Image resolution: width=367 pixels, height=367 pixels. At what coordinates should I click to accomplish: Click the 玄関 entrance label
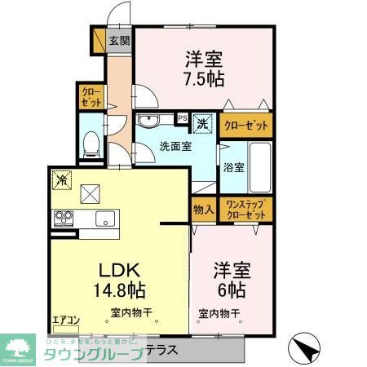click(x=119, y=40)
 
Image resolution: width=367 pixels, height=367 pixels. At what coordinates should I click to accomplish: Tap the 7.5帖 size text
click(x=204, y=79)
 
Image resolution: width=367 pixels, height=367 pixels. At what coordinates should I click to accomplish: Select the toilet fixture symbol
click(x=92, y=144)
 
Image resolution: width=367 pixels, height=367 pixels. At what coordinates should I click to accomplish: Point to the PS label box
click(x=183, y=117)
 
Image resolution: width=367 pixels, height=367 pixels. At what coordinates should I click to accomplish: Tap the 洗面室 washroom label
click(x=175, y=147)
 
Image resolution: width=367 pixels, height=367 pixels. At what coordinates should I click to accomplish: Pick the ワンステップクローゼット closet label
click(x=245, y=209)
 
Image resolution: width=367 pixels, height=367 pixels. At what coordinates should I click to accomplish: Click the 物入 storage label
click(x=204, y=210)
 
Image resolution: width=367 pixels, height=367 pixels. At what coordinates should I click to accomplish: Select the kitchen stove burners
click(x=64, y=218)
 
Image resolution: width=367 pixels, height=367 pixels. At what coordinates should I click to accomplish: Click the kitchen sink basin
click(x=104, y=218)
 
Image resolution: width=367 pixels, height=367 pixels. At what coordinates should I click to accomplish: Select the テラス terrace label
click(x=163, y=348)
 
